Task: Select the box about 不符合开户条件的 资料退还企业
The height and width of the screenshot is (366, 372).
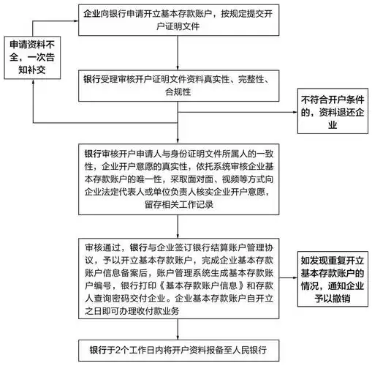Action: coord(331,112)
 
